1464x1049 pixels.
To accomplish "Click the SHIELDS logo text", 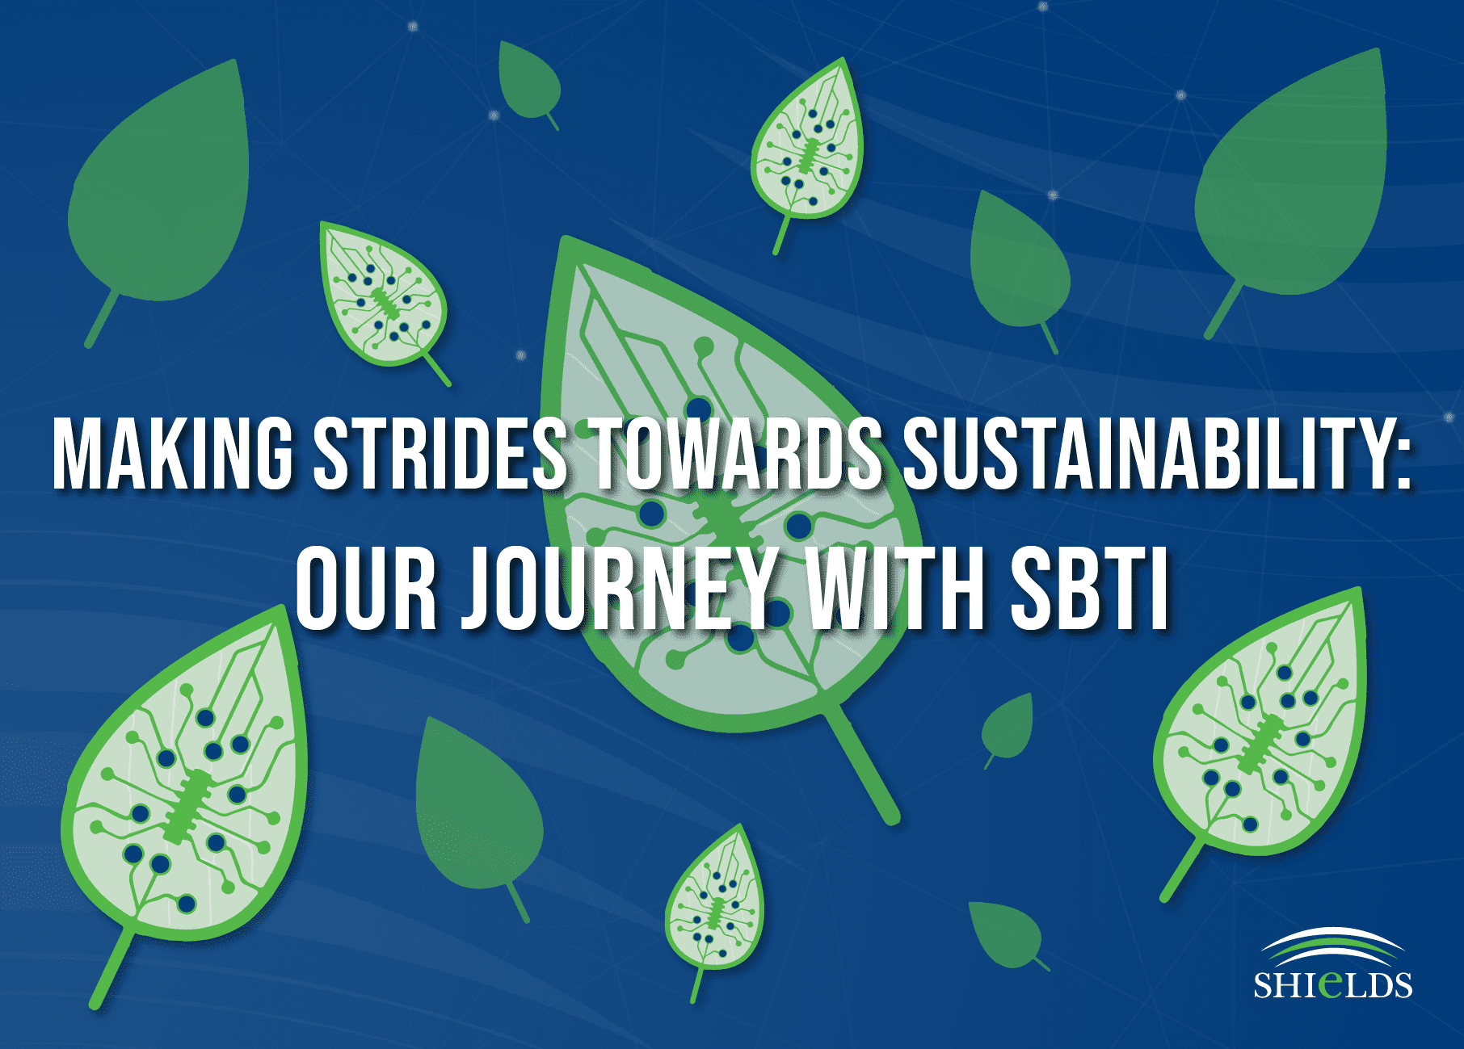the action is pyautogui.click(x=1332, y=984).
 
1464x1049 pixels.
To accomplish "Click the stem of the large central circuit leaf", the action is pyautogui.click(x=865, y=763).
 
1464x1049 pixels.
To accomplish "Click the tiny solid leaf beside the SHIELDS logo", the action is pyautogui.click(x=1007, y=933).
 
